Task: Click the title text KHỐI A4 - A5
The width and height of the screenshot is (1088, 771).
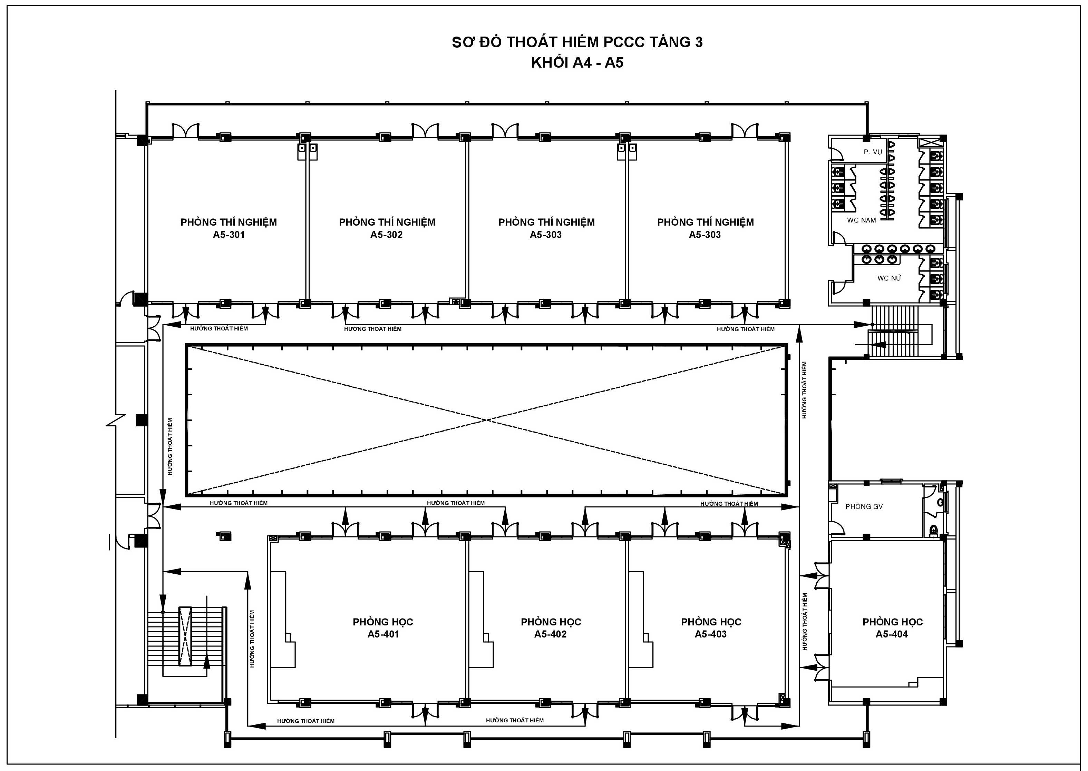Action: tap(577, 63)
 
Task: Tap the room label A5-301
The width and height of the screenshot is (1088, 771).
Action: tap(229, 235)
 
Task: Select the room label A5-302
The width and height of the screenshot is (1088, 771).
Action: tap(387, 235)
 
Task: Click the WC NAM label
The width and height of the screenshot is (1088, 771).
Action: tap(862, 220)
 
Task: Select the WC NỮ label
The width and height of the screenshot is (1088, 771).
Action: tap(889, 278)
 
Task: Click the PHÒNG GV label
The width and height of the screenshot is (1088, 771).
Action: tap(864, 506)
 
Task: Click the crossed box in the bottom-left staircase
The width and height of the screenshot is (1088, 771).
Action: tap(185, 636)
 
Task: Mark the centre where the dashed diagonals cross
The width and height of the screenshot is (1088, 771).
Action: tap(486, 420)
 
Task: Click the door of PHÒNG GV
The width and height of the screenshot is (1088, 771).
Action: tap(836, 528)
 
